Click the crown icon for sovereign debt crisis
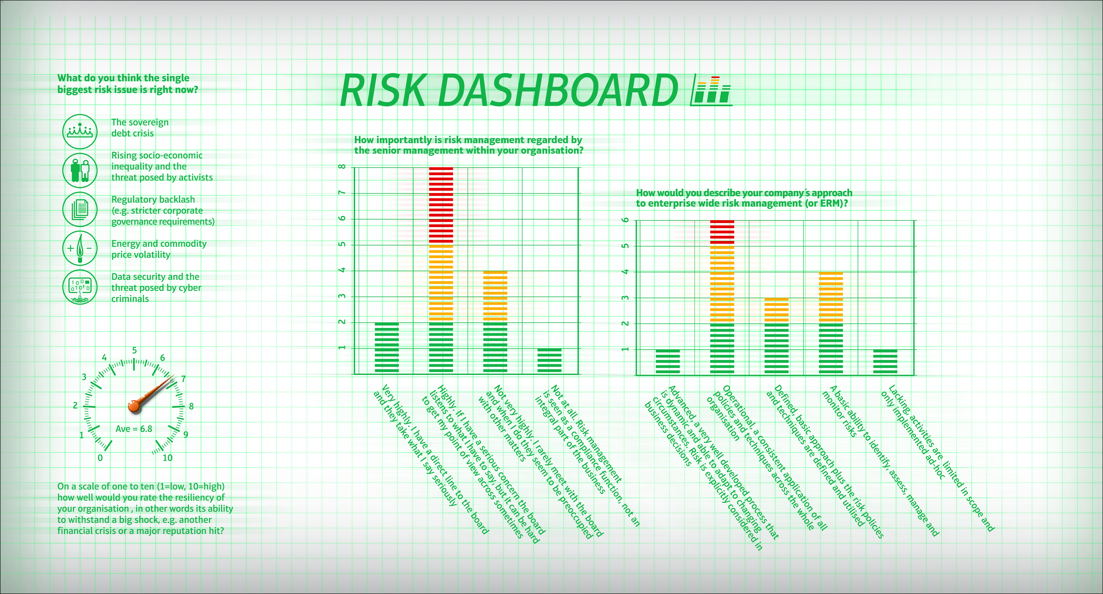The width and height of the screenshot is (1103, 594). point(80,131)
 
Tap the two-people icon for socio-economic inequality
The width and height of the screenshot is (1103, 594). point(80,170)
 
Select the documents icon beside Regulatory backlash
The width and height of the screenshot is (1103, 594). point(80,209)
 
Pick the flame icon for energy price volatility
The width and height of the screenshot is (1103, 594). point(80,248)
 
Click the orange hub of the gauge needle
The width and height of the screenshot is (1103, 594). point(134,406)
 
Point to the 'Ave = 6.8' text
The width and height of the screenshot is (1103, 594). point(134,429)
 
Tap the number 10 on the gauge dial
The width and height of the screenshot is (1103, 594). point(167,458)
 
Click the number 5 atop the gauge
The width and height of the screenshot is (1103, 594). point(134,350)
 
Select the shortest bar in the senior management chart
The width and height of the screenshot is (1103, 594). point(549,361)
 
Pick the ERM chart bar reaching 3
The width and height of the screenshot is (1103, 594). point(776,336)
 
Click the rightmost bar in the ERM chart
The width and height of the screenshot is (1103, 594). point(885,362)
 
